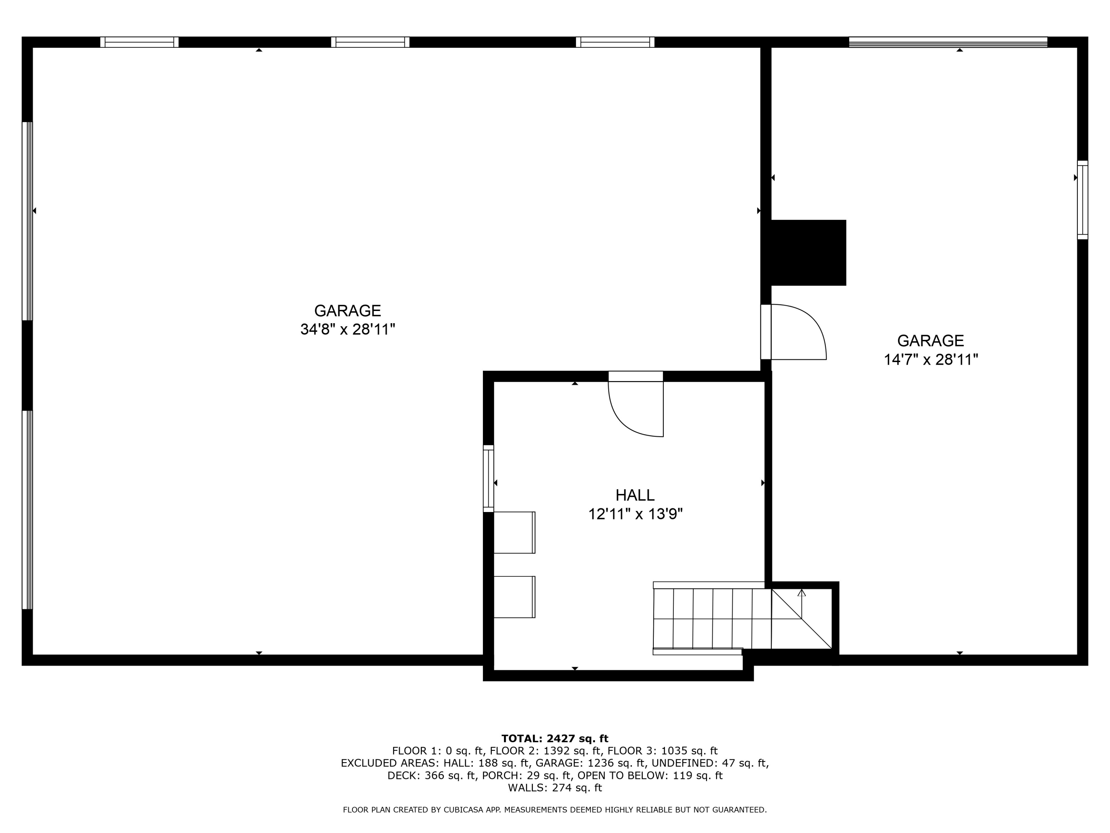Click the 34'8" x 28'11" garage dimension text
(348, 330)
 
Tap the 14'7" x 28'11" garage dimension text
(931, 360)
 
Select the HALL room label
(635, 496)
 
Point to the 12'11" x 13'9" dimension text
(635, 514)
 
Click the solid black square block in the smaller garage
(808, 252)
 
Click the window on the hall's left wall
(488, 478)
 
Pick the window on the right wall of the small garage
(1082, 200)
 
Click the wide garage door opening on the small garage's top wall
(948, 42)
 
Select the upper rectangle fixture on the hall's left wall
(514, 532)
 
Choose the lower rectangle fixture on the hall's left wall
(514, 597)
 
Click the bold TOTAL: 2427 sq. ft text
(555, 739)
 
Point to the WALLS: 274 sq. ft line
(555, 788)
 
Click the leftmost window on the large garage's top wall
(139, 42)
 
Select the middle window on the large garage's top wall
(370, 42)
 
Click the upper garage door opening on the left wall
(27, 221)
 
